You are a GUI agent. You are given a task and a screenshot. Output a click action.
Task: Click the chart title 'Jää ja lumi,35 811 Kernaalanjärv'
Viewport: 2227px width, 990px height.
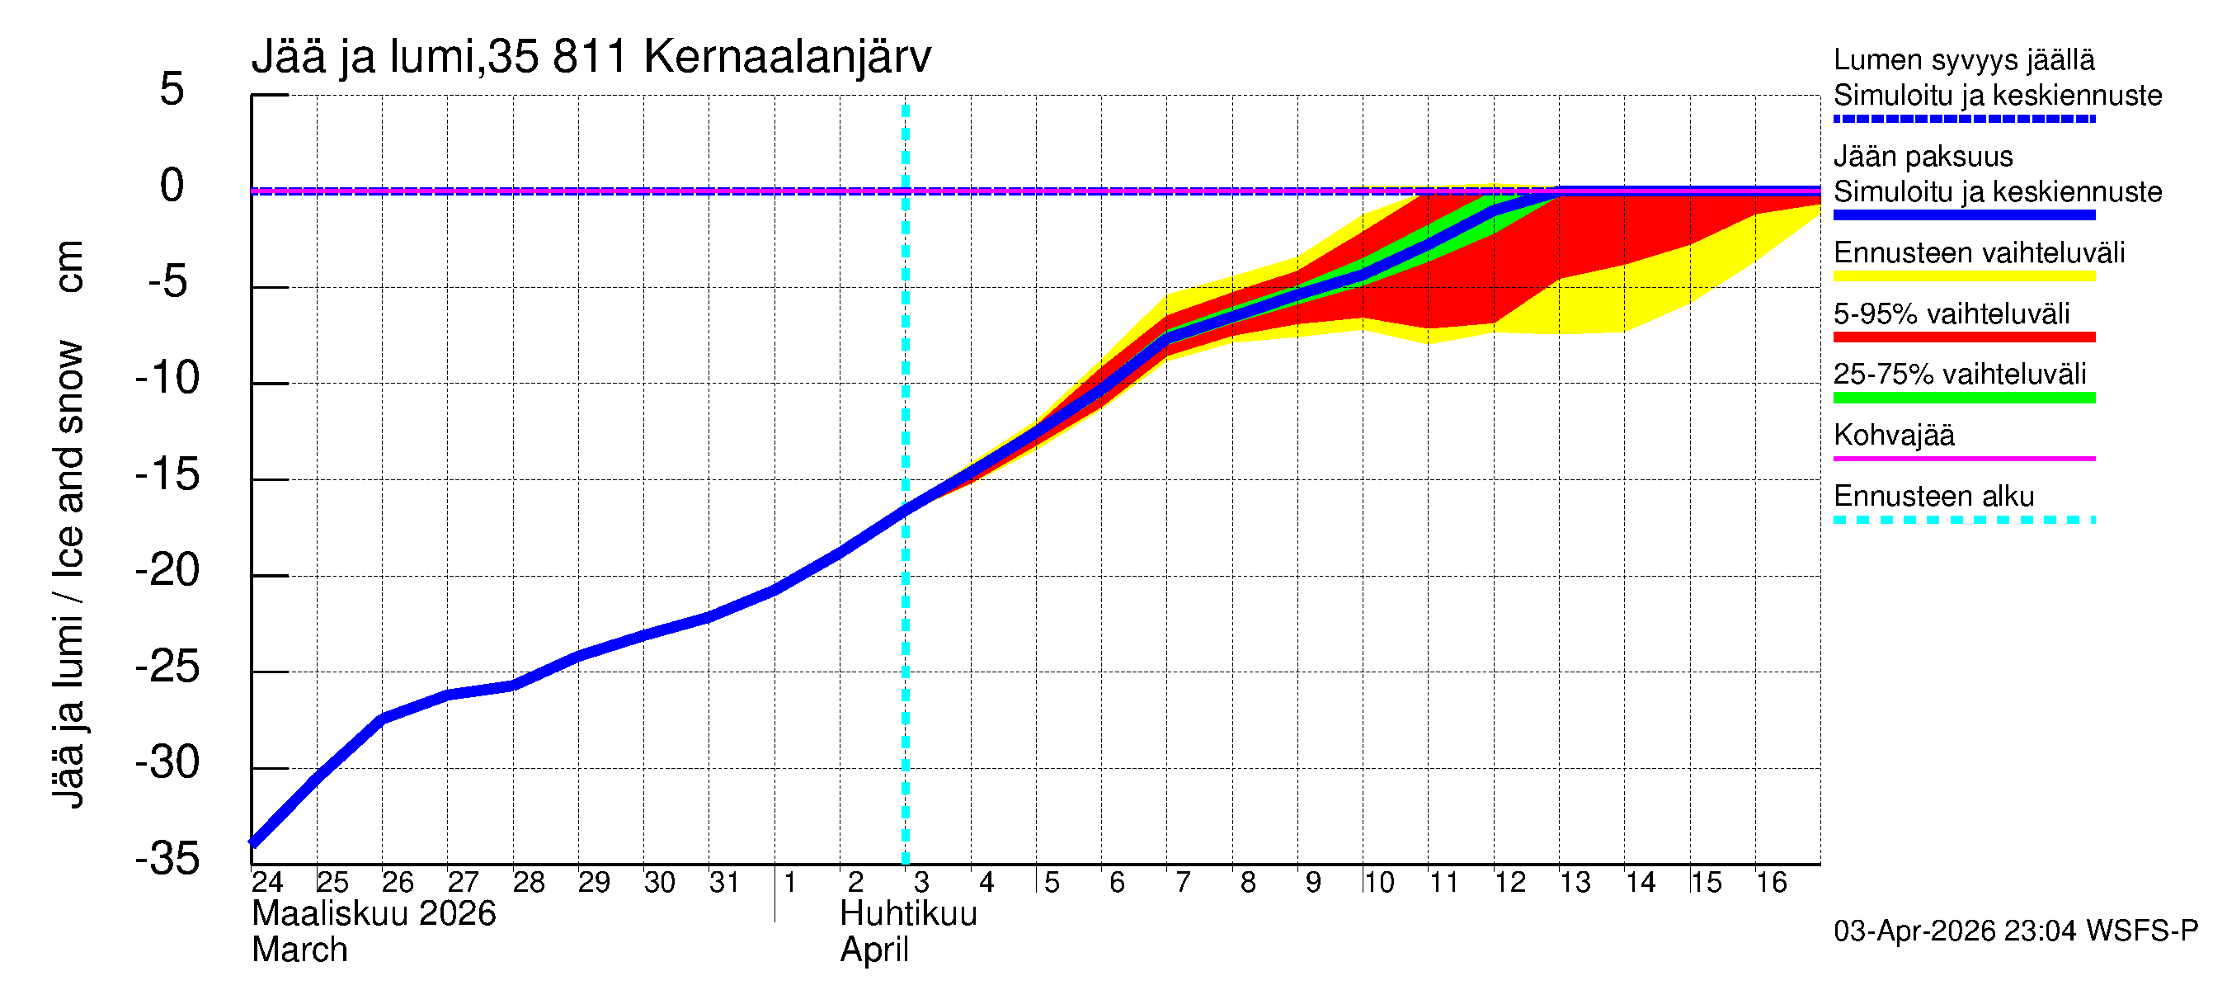(591, 57)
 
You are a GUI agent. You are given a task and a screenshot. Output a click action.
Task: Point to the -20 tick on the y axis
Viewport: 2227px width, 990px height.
(167, 571)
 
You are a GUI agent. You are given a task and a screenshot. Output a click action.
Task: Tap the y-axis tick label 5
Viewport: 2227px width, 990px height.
(172, 89)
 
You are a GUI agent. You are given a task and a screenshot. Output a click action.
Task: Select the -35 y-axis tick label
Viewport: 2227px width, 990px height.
(167, 860)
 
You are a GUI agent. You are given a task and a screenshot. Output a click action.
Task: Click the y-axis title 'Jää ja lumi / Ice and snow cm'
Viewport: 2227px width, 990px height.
(68, 524)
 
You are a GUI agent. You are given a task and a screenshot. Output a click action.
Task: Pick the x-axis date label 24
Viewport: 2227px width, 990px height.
(267, 883)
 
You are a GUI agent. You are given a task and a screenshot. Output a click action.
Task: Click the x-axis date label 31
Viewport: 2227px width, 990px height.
(724, 883)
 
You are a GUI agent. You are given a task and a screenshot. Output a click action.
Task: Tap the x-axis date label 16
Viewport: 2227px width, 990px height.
(1772, 883)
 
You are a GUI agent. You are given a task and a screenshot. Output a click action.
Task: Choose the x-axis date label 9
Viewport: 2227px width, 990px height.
(1313, 883)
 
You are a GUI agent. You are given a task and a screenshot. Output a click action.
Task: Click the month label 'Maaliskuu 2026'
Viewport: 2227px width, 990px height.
(374, 914)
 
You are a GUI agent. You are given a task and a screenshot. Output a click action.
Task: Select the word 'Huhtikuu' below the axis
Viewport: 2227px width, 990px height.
(908, 914)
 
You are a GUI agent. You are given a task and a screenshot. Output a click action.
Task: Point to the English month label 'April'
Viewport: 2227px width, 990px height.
(874, 950)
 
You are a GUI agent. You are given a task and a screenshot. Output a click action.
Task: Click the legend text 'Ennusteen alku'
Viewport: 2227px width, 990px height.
(1934, 497)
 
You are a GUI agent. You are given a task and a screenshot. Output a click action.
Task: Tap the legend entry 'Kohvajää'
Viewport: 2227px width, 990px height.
(1893, 435)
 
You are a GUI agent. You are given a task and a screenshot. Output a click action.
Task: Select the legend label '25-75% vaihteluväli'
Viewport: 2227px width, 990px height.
(1960, 374)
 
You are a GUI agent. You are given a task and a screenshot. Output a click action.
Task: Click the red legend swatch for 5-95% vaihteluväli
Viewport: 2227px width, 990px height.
(1963, 337)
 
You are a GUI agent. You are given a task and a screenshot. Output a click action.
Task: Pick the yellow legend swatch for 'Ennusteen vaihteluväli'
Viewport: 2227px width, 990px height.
(1963, 276)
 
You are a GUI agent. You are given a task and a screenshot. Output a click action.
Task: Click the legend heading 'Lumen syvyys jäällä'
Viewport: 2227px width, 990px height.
(1964, 59)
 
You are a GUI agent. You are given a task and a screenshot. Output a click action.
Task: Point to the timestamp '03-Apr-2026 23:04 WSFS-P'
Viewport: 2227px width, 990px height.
(2015, 931)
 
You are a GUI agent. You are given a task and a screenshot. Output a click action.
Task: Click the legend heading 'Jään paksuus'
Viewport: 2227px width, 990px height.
(1923, 157)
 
